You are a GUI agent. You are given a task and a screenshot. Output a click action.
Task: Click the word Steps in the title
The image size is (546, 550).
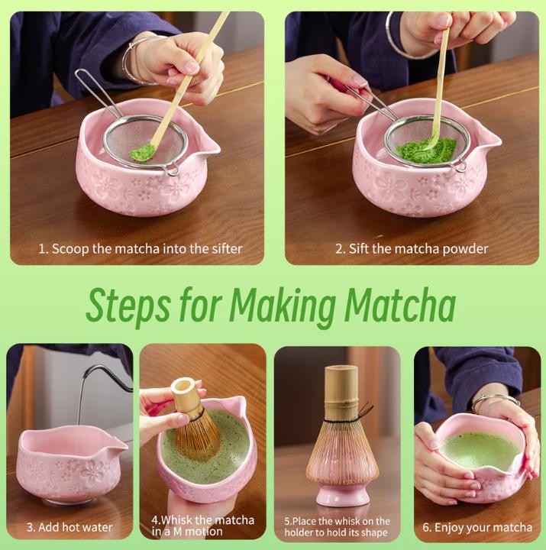pos(127,306)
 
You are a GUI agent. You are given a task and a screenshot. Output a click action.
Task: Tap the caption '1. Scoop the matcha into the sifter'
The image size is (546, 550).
pos(141,248)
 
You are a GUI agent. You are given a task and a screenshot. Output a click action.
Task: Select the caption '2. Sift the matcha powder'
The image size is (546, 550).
pos(412,248)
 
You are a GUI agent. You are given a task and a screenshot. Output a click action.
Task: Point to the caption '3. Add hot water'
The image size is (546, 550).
pos(69,527)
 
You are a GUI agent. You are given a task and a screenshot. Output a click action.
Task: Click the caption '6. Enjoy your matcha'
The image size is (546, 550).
pos(477,527)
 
